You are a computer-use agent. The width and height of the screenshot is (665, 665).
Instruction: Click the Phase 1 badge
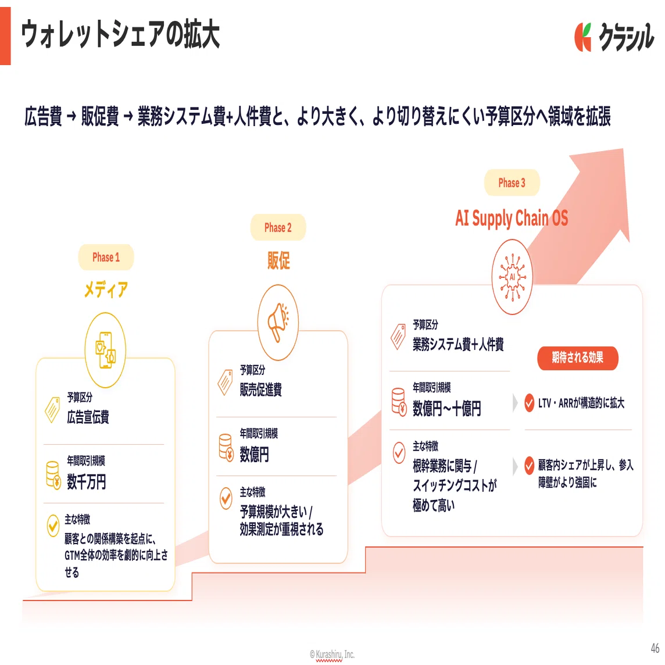(106, 257)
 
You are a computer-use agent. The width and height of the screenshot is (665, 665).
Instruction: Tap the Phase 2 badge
(278, 227)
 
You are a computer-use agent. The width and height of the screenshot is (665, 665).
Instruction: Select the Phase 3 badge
(512, 183)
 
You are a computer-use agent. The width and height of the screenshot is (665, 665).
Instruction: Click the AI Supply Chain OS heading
(512, 219)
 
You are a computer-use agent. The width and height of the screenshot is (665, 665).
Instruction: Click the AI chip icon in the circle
(512, 277)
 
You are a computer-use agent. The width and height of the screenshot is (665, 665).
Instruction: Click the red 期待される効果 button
(578, 358)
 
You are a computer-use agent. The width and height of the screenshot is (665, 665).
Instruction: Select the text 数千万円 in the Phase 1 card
(87, 482)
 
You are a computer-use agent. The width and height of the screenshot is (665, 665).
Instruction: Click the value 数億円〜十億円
(446, 409)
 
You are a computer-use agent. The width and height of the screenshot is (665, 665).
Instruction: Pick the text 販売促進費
(261, 389)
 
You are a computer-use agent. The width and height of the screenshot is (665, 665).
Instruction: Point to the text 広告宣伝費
(88, 417)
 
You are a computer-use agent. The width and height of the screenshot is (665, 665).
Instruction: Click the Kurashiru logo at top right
(614, 37)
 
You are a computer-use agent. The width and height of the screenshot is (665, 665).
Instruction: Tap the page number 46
(655, 648)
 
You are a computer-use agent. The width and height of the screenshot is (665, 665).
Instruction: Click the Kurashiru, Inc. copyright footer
(332, 655)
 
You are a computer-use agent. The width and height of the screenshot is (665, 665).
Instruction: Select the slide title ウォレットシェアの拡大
(120, 34)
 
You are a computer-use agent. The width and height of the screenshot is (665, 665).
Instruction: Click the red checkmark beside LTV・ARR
(530, 403)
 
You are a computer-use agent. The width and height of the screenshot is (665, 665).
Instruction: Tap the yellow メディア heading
(106, 289)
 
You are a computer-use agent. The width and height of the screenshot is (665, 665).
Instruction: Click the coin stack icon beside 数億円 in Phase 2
(226, 448)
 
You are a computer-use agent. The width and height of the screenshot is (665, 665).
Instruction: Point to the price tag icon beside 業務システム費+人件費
(398, 337)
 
